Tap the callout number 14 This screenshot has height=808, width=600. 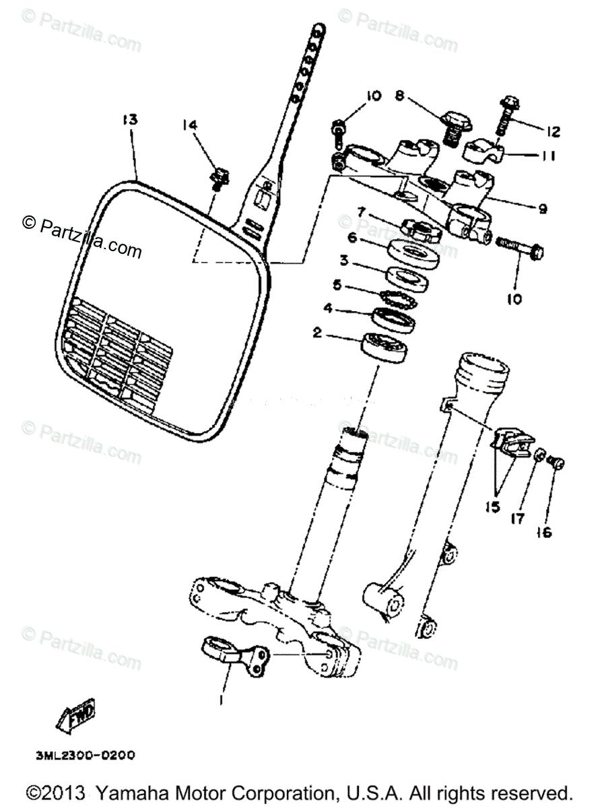(191, 125)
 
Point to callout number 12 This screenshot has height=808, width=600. (553, 131)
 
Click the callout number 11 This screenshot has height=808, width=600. (546, 156)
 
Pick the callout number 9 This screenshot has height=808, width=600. (541, 209)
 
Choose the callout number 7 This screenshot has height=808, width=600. (362, 213)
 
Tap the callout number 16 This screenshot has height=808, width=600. (543, 532)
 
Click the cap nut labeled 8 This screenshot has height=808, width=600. (456, 125)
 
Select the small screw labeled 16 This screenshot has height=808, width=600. (556, 463)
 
